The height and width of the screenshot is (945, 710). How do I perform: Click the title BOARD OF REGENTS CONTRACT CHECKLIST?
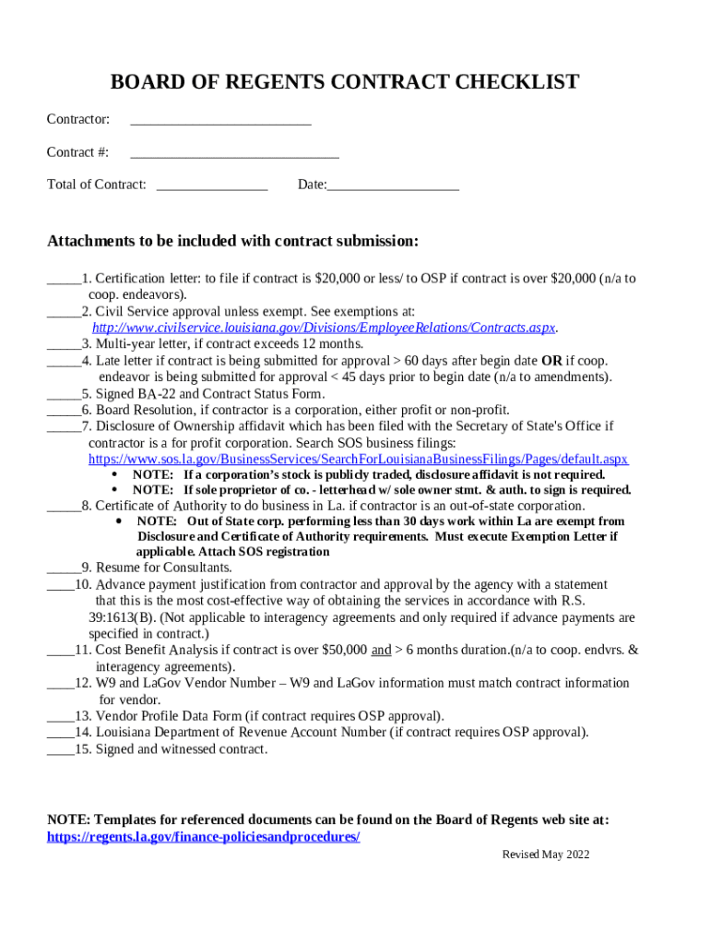click(x=344, y=82)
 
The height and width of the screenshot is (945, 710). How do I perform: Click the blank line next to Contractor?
click(x=220, y=121)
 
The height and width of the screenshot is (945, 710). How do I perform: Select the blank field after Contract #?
click(x=234, y=154)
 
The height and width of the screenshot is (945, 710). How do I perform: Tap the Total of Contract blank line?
click(x=212, y=186)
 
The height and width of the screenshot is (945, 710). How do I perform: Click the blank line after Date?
click(x=393, y=186)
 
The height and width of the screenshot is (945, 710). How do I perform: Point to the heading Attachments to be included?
click(x=232, y=242)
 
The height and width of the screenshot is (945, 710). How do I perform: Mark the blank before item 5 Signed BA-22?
click(x=64, y=395)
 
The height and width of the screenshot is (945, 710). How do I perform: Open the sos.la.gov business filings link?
click(x=358, y=459)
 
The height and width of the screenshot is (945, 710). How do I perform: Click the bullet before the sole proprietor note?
click(x=114, y=490)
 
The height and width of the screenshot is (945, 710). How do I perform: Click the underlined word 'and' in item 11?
click(x=381, y=651)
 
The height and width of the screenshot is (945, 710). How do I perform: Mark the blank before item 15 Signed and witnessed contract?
click(x=61, y=750)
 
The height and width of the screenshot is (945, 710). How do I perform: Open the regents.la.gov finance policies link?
click(x=203, y=837)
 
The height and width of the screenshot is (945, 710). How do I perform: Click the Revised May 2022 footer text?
click(x=545, y=855)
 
